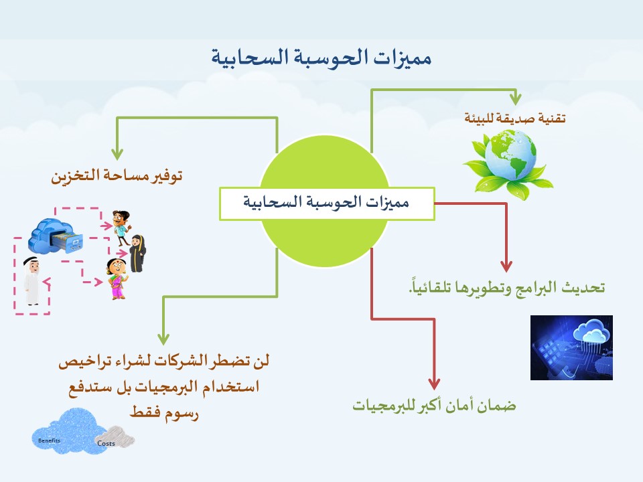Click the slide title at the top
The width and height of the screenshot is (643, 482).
[x=321, y=58]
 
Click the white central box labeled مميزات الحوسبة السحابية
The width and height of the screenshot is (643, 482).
[x=327, y=204]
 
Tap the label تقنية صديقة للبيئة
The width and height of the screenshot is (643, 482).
[x=514, y=118]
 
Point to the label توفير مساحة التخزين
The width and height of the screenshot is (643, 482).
[x=117, y=175]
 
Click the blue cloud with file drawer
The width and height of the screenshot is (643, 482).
[x=56, y=236]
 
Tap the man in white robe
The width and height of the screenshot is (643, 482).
[x=31, y=280]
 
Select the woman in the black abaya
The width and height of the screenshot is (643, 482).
[x=137, y=253]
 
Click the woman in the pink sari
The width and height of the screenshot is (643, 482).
[x=117, y=278]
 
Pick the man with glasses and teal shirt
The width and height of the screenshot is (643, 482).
[x=121, y=228]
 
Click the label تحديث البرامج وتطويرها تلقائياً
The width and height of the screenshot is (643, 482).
[x=506, y=287]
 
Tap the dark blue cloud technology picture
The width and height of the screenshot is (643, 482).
[x=571, y=347]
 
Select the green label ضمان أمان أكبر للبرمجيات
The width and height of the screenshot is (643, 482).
[x=434, y=406]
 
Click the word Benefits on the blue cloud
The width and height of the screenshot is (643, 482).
[x=49, y=440]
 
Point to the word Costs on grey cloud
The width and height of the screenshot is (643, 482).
[x=106, y=443]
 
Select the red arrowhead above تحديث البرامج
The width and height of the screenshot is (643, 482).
[x=506, y=266]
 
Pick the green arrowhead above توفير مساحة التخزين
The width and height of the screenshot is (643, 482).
[x=117, y=155]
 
